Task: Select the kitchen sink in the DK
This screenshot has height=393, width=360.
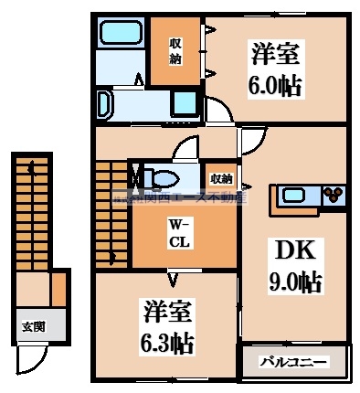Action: click(298, 194)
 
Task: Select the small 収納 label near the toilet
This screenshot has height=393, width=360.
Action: click(220, 178)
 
